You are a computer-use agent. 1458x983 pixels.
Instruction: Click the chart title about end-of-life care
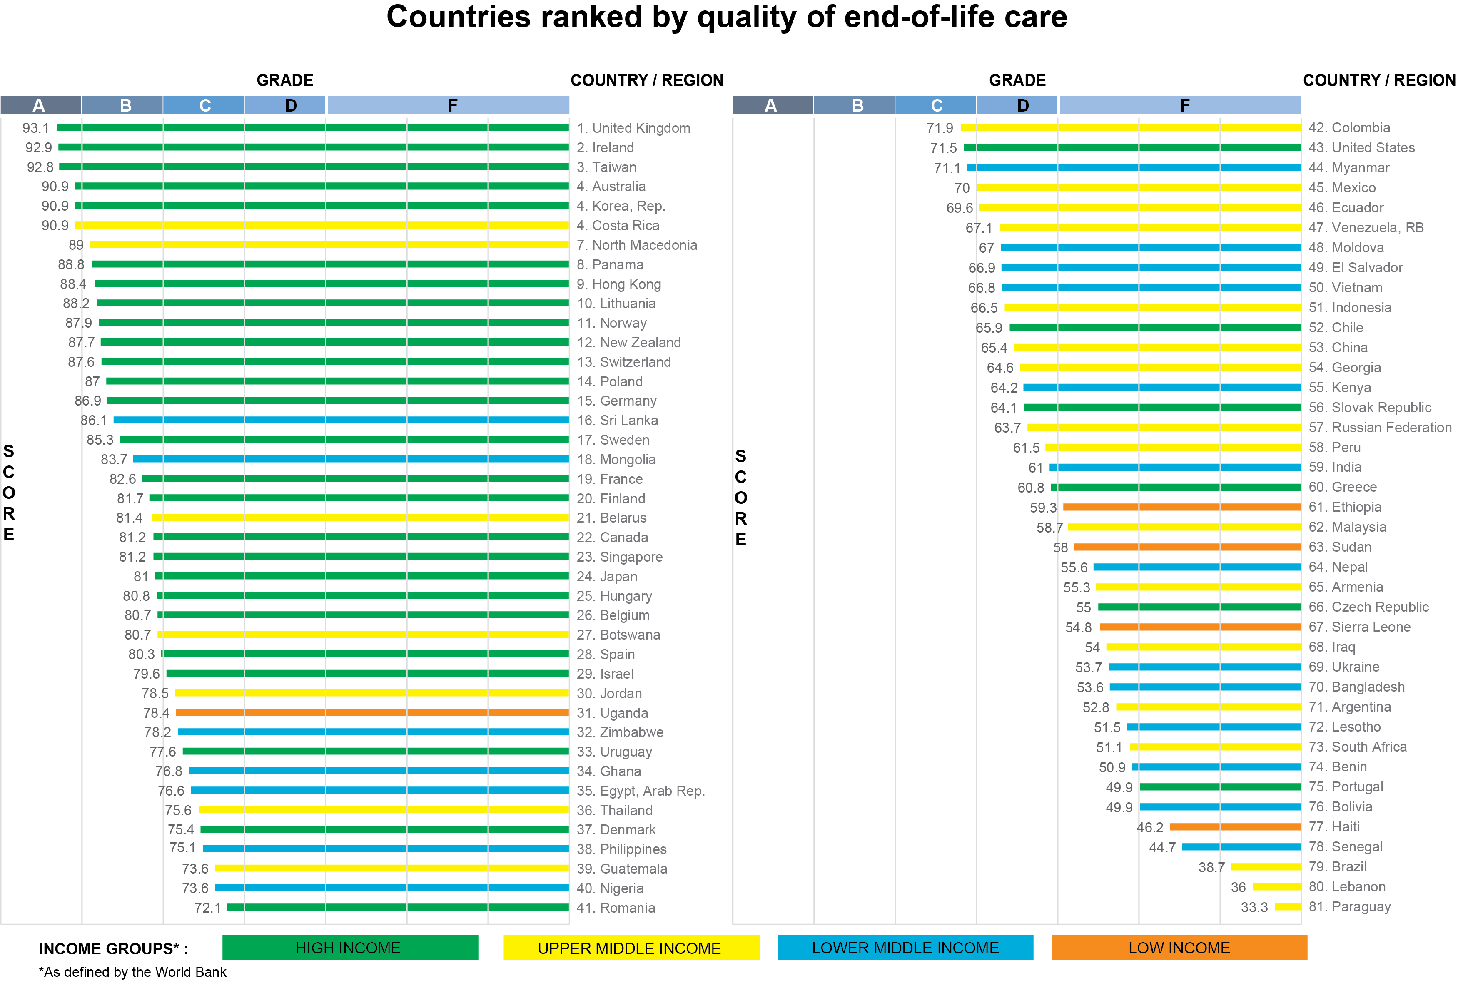(x=726, y=17)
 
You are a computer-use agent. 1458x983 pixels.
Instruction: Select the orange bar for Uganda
(x=372, y=712)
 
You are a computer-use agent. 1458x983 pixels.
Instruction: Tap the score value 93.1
(x=36, y=128)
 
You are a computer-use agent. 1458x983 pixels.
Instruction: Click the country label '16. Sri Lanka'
(x=617, y=420)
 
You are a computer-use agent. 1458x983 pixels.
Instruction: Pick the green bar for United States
(x=1132, y=148)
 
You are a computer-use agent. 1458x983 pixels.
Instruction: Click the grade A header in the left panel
(x=40, y=105)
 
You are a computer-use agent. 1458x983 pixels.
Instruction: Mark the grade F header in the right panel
(x=1184, y=105)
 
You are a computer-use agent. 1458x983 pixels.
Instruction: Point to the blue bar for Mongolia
(x=351, y=459)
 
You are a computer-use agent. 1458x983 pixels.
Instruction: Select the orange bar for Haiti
(x=1235, y=826)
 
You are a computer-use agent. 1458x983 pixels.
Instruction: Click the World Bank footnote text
(x=132, y=972)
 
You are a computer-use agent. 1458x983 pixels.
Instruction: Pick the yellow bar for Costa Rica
(x=321, y=225)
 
